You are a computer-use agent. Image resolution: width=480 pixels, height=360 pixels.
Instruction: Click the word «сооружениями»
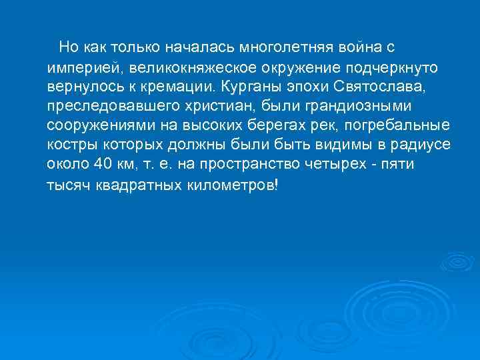[x=93, y=127]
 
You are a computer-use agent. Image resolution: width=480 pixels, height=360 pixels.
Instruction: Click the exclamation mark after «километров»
[x=276, y=185]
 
